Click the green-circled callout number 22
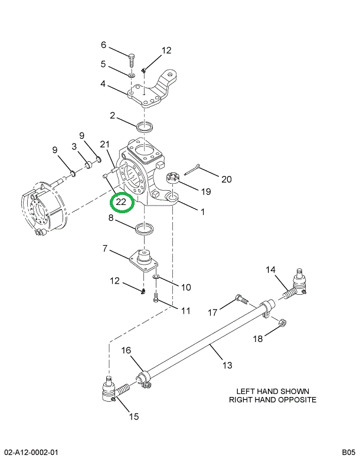tap(121, 201)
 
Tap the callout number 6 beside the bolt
tap(103, 45)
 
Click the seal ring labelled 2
tap(145, 127)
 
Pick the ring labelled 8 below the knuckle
tap(145, 229)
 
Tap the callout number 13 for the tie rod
tap(227, 365)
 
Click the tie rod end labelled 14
tap(294, 286)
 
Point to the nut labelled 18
tap(282, 322)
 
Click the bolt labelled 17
tap(241, 299)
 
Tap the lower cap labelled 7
tap(143, 260)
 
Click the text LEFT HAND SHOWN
tap(273, 391)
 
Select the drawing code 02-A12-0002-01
tap(31, 453)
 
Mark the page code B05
tap(348, 452)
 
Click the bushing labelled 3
tap(89, 165)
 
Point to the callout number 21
tap(104, 144)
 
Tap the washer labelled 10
tap(156, 276)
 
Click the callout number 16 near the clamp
tap(126, 350)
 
